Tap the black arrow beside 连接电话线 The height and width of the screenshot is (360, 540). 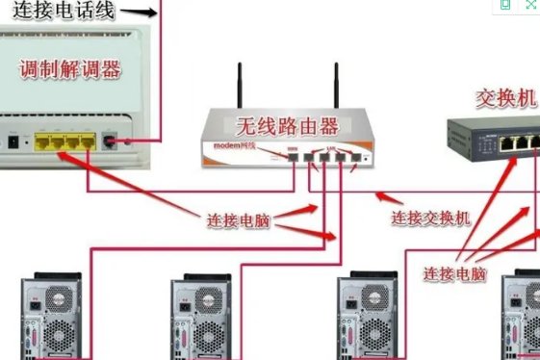(139, 13)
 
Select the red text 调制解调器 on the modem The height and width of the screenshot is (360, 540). (70, 68)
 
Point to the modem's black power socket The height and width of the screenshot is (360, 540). (13, 142)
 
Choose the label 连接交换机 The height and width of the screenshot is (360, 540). (430, 218)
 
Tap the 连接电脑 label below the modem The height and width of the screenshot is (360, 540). (239, 220)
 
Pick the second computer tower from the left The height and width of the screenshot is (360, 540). (201, 318)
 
